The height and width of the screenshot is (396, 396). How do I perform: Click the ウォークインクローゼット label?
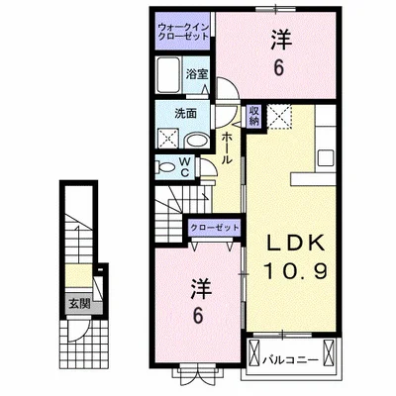coord(183,31)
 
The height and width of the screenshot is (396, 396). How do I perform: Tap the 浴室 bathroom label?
coord(197,74)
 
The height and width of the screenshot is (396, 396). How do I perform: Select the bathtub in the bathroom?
coord(168,75)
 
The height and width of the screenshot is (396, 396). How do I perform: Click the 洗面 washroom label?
coord(186,114)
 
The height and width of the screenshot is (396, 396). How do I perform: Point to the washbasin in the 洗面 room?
coord(196,141)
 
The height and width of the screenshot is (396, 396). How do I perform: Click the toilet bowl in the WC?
coord(165,167)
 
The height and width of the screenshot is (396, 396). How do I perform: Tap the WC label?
coord(185,167)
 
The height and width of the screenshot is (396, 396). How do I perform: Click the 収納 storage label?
coord(254,116)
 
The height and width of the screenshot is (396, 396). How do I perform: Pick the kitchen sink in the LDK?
coord(326,158)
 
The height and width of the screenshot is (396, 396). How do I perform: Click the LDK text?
coord(296,245)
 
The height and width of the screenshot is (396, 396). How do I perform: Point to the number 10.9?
coord(296,271)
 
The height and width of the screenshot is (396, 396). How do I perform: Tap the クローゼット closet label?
coord(215,228)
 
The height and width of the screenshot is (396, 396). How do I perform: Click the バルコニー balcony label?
coord(291,359)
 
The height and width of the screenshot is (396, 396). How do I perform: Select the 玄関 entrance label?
coord(79,303)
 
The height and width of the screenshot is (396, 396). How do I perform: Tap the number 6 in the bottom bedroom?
coord(197,316)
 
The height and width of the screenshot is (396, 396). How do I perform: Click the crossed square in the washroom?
coord(168,138)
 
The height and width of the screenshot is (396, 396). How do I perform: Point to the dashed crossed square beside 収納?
coord(279,116)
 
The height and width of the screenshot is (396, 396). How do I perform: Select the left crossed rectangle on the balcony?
coord(255,350)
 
